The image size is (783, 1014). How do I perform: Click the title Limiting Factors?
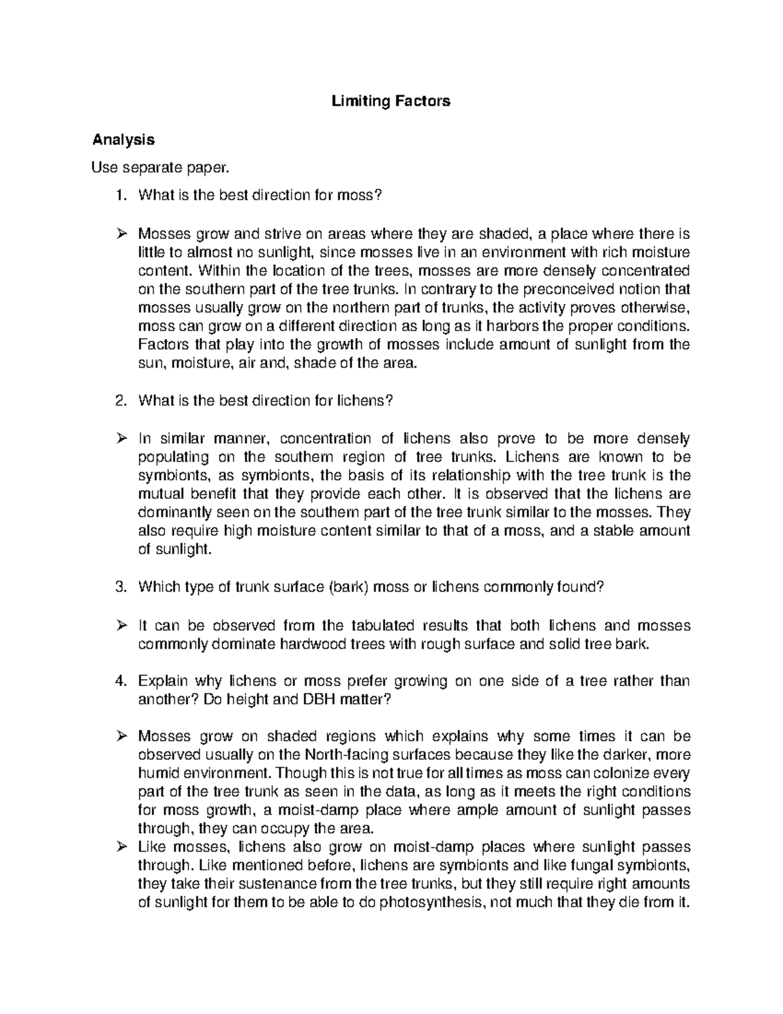pos(391,101)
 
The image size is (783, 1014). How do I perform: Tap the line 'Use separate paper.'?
pos(161,168)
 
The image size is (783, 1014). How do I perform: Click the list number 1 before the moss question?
pos(119,196)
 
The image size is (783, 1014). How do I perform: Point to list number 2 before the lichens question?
pos(119,401)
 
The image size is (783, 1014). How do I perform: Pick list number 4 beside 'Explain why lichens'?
pos(119,681)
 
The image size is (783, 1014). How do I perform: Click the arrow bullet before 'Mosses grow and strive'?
pos(121,234)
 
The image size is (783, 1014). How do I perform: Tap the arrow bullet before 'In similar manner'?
pos(121,438)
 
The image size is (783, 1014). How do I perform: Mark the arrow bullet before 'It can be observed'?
pos(121,626)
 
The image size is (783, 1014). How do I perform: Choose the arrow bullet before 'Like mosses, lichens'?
pos(121,848)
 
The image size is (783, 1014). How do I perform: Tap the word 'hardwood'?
pos(311,644)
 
